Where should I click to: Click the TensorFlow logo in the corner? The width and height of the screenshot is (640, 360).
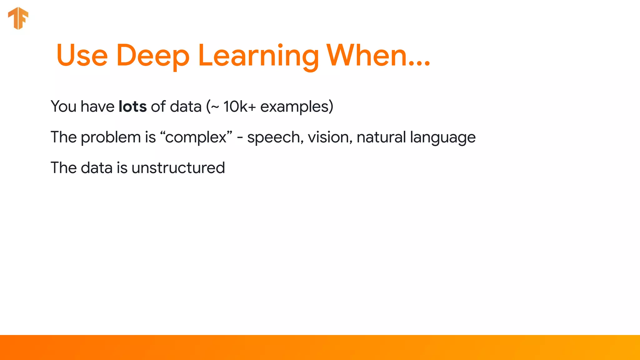pos(18,18)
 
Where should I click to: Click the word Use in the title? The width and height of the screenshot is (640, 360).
pos(82,56)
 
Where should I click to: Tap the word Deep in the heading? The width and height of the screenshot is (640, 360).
pos(153,56)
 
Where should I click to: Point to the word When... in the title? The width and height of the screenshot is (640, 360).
pos(378,56)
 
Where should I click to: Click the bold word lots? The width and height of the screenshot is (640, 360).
pos(132,107)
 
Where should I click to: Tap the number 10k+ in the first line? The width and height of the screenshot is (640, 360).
pos(239,107)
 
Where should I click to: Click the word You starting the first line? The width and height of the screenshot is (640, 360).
pos(63,107)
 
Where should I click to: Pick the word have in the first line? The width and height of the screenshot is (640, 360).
pos(97,107)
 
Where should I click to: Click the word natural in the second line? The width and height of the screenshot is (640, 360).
pos(381,137)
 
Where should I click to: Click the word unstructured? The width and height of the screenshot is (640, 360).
pos(178,168)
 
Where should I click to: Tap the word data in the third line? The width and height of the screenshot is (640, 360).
pos(97,168)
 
